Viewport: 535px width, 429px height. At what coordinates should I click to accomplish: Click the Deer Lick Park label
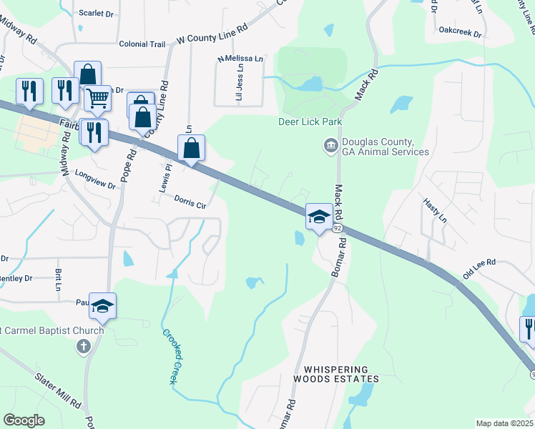pos(310,122)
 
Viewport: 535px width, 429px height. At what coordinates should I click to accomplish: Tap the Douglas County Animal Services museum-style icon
pos(330,146)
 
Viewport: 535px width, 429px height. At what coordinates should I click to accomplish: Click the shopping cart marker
pos(97,98)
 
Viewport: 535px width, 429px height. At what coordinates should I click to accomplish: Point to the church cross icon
pos(84,347)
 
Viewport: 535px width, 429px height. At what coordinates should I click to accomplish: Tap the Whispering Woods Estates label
pos(335,374)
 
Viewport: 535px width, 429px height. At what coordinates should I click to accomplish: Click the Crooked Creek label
pos(169,356)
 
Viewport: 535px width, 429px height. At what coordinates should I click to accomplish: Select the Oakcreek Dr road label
pos(461,32)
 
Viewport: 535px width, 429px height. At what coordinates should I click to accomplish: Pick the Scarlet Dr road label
pos(97,14)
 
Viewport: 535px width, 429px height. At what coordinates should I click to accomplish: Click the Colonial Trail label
pos(142,44)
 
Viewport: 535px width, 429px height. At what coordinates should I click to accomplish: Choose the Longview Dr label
pos(95,179)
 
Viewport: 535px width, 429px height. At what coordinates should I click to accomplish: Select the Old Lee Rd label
pos(479,269)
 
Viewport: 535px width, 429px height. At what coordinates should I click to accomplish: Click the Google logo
pos(24,420)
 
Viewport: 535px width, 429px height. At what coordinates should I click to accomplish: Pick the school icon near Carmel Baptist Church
pos(102,305)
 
